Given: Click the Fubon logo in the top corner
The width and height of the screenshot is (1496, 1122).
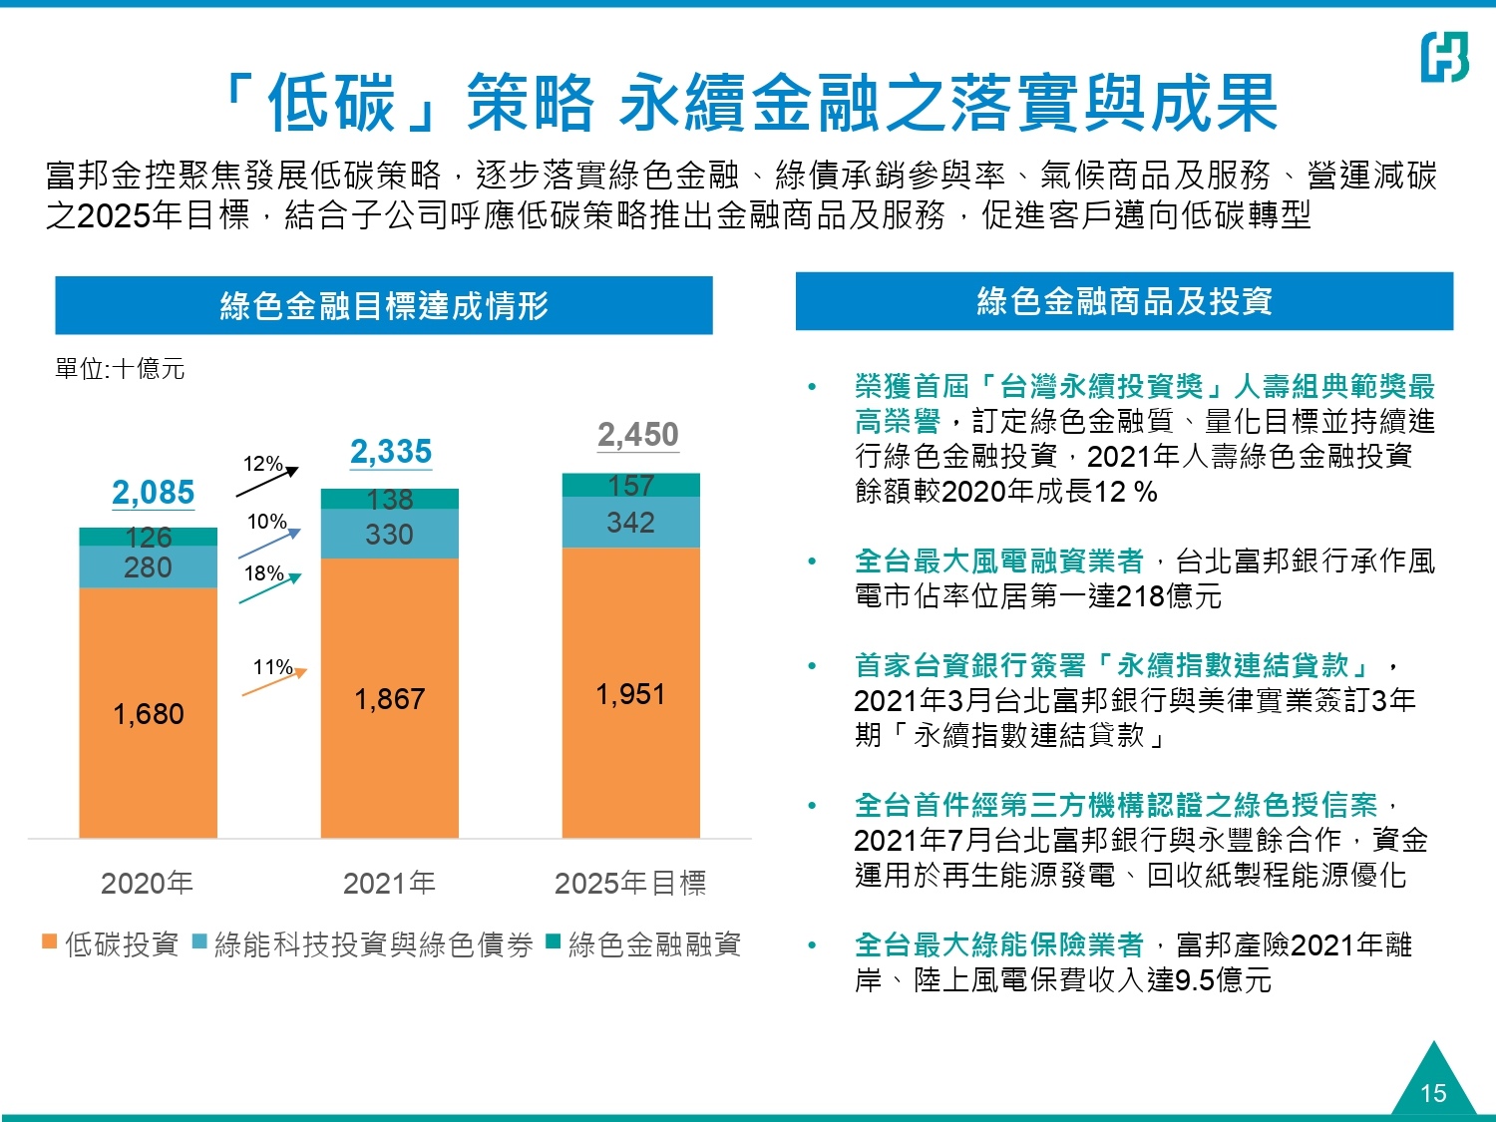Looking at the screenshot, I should (x=1444, y=57).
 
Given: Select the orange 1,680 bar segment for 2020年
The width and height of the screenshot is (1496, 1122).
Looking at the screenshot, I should (x=148, y=713).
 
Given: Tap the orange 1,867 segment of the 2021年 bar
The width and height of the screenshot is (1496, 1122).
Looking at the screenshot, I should (x=389, y=698).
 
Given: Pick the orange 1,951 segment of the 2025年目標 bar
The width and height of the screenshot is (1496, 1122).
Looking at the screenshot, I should (x=630, y=693).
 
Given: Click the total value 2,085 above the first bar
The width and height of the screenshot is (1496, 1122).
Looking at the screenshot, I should (x=153, y=493).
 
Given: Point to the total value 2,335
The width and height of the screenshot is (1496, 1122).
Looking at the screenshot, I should (x=391, y=452).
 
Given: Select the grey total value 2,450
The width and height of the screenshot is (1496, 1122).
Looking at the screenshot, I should (x=638, y=435).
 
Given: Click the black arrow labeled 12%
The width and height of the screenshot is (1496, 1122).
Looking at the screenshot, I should (x=267, y=481).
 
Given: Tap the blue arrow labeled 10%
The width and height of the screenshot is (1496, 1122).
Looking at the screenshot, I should (x=269, y=543).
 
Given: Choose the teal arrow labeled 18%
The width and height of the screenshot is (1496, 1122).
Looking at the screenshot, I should (x=269, y=589).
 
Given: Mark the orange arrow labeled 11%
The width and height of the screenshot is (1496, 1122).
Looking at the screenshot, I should (x=274, y=682).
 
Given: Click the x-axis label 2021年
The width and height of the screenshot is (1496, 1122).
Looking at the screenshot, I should (x=389, y=883).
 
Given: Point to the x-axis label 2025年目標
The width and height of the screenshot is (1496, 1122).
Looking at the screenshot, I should (x=630, y=883).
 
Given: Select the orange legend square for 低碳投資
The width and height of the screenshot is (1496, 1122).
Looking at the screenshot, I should (x=49, y=941).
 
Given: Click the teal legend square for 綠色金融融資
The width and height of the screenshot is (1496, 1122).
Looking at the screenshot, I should (x=554, y=941).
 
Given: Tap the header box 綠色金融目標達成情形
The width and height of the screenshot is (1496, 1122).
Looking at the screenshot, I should (x=384, y=305).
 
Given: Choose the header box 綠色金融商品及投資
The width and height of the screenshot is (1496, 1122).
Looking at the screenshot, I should (x=1124, y=301).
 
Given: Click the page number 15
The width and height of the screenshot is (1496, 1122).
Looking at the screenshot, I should (x=1433, y=1093).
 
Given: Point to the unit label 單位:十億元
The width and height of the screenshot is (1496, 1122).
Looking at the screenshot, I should (x=120, y=369).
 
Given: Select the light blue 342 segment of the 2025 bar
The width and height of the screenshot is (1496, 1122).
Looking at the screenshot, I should (x=630, y=522).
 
